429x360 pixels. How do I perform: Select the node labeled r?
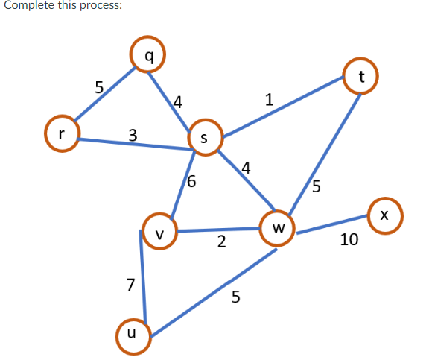click(x=63, y=134)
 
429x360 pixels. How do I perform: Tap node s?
click(x=206, y=136)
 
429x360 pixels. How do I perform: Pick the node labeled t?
click(x=360, y=75)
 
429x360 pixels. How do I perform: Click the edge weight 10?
click(x=349, y=240)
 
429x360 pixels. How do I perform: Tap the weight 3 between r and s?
click(x=133, y=135)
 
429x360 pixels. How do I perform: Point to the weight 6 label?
click(x=191, y=181)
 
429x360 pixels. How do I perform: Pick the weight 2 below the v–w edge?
click(x=221, y=242)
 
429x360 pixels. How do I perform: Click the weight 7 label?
click(x=131, y=284)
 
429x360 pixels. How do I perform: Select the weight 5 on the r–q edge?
click(x=99, y=86)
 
